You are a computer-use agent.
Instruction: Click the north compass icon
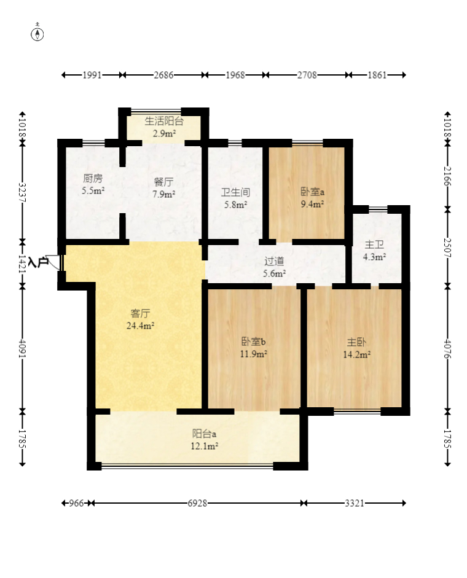pos(37,33)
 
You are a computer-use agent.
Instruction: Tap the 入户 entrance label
pos(38,262)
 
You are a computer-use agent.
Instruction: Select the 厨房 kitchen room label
pos(93,178)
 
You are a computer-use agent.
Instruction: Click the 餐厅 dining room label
pos(164,182)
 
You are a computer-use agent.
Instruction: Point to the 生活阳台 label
pos(164,121)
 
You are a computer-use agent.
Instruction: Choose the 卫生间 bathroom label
pos(235,192)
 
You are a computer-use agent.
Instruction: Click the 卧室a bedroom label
pos(312,192)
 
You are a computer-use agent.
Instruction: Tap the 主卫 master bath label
pos(374,244)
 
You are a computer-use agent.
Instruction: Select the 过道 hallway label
pos(274,261)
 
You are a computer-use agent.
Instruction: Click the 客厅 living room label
pos(140,313)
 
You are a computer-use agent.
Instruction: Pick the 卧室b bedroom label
pos(253,342)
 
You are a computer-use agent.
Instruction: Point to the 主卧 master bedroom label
pos(356,342)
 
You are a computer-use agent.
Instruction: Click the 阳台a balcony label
pos(204,434)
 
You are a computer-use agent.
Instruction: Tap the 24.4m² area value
pos(140,326)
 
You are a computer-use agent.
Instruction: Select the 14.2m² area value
pos(357,354)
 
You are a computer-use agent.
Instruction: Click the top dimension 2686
pos(163,75)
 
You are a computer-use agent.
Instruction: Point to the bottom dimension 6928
pos(197,503)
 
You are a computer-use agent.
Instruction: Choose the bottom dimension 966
pos(76,503)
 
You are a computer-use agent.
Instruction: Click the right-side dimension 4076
pos(447,349)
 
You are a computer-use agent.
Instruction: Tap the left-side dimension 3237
pos(23,192)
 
